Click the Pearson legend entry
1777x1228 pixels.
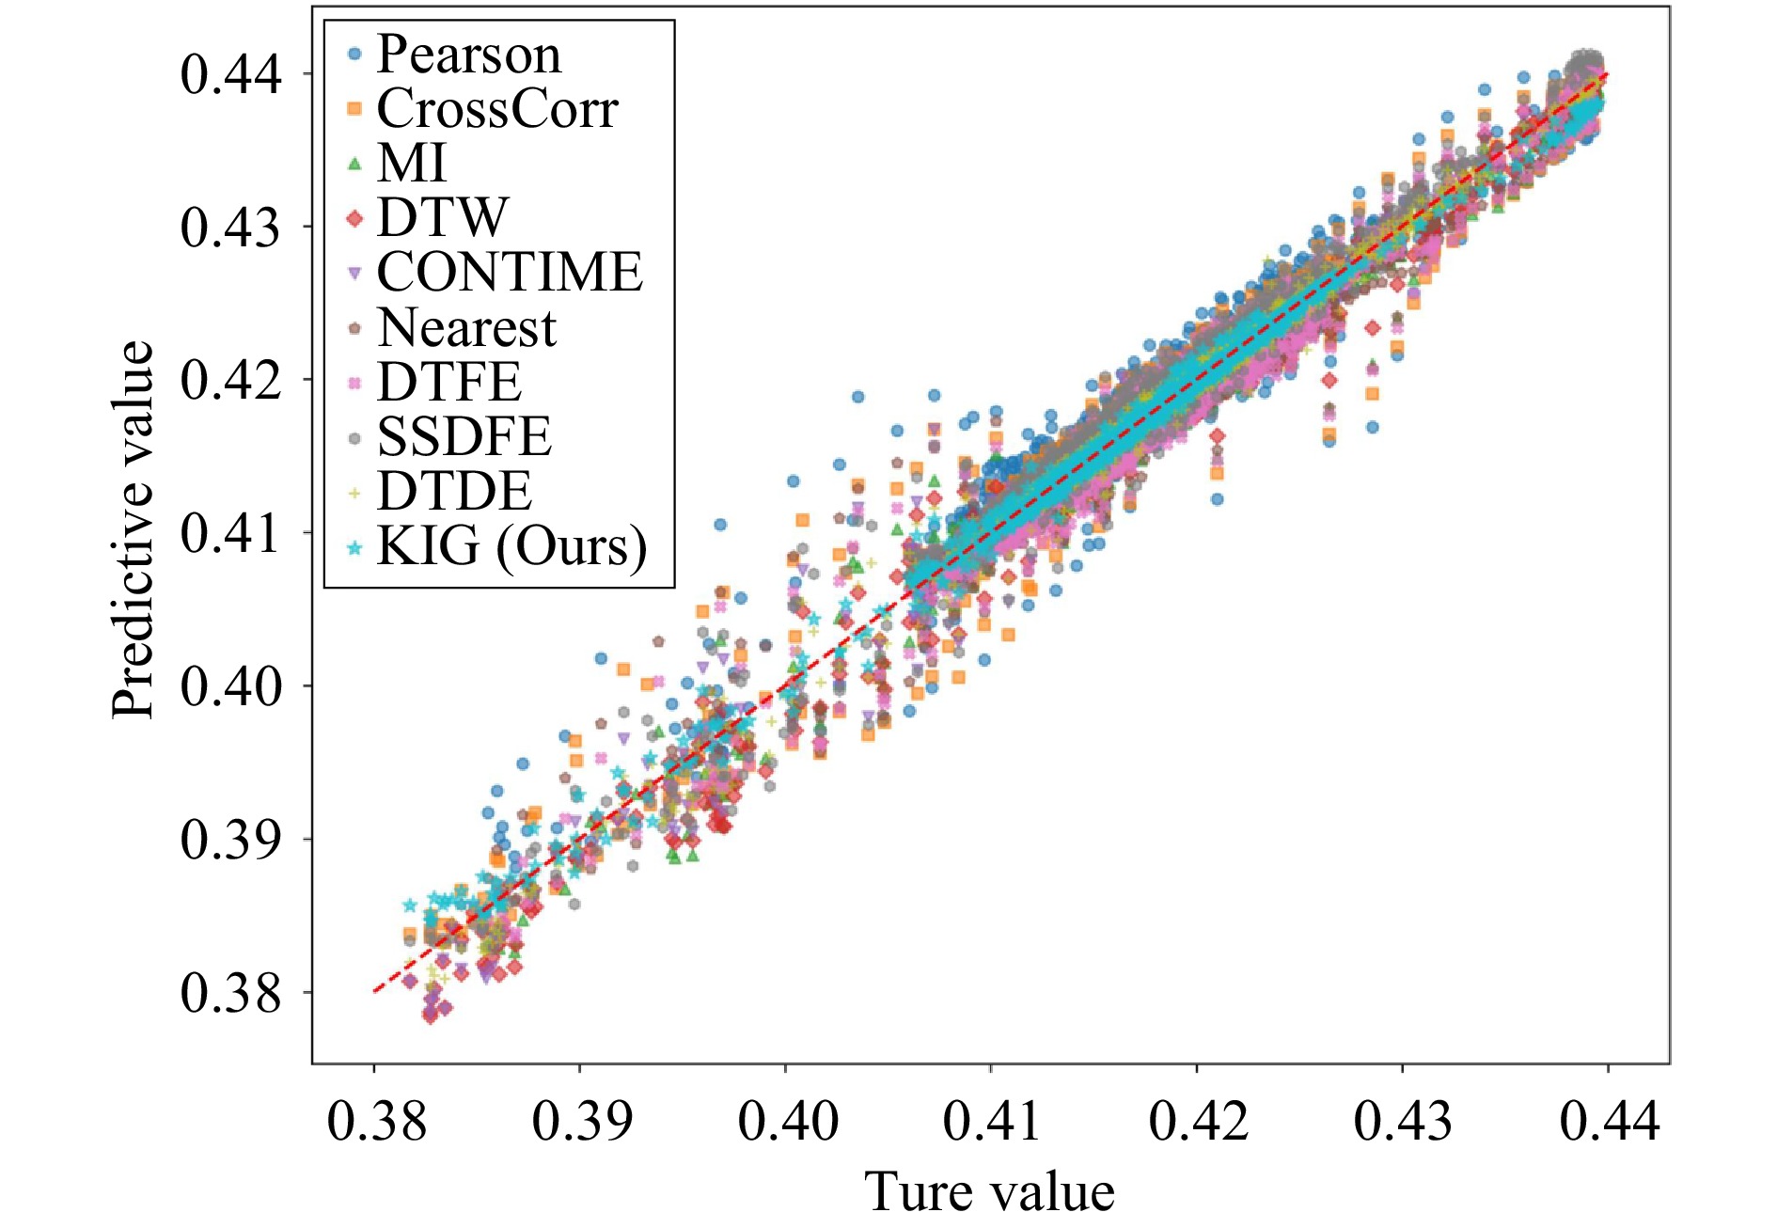(468, 55)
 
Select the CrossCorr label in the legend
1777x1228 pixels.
(496, 109)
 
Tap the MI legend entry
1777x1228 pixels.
(411, 164)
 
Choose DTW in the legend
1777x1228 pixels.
(442, 218)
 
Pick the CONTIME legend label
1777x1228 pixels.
(510, 273)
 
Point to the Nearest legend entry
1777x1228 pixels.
(466, 327)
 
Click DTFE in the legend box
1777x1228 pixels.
(448, 382)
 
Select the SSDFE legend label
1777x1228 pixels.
(464, 436)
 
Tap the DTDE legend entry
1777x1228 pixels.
(454, 491)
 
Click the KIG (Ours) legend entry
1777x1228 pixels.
(511, 545)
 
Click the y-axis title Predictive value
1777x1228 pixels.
(132, 531)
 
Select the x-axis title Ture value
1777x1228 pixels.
(989, 1192)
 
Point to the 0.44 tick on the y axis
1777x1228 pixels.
(230, 74)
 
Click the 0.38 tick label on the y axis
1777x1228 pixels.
(230, 992)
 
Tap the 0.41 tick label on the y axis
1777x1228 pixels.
(230, 533)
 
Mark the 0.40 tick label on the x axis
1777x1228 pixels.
(787, 1121)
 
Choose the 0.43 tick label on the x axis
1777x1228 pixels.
(1403, 1121)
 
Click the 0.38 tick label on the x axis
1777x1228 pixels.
(376, 1121)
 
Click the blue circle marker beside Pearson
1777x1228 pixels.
(354, 55)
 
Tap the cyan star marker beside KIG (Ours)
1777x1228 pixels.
(354, 546)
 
